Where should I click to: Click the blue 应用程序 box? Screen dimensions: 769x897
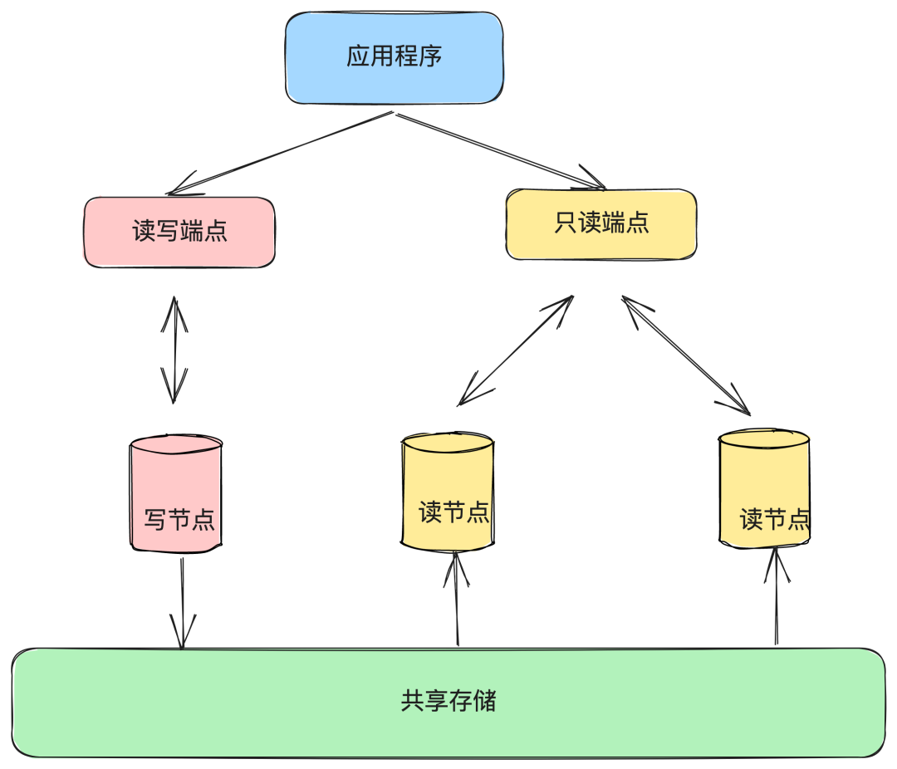pyautogui.click(x=395, y=57)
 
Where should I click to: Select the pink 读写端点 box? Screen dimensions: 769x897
pyautogui.click(x=179, y=232)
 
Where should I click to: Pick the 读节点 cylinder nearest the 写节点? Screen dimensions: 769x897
pyautogui.click(x=448, y=492)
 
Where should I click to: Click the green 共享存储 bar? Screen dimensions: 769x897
pyautogui.click(x=448, y=703)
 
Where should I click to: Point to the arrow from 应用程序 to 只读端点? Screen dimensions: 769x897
pyautogui.click(x=498, y=149)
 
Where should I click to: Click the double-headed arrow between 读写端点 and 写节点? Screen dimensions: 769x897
pyautogui.click(x=174, y=350)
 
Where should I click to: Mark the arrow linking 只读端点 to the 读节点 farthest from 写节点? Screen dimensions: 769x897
pyautogui.click(x=685, y=355)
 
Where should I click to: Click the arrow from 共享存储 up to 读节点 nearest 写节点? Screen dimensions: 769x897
pyautogui.click(x=457, y=598)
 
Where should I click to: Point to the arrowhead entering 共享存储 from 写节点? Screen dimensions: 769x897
pyautogui.click(x=182, y=634)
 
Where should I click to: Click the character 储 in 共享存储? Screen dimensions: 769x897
pyautogui.click(x=485, y=702)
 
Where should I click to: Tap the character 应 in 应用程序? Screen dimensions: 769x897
pyautogui.click(x=358, y=57)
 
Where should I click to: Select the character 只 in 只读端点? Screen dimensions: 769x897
pyautogui.click(x=565, y=223)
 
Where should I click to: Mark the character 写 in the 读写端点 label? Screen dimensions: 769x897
pyautogui.click(x=168, y=232)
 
